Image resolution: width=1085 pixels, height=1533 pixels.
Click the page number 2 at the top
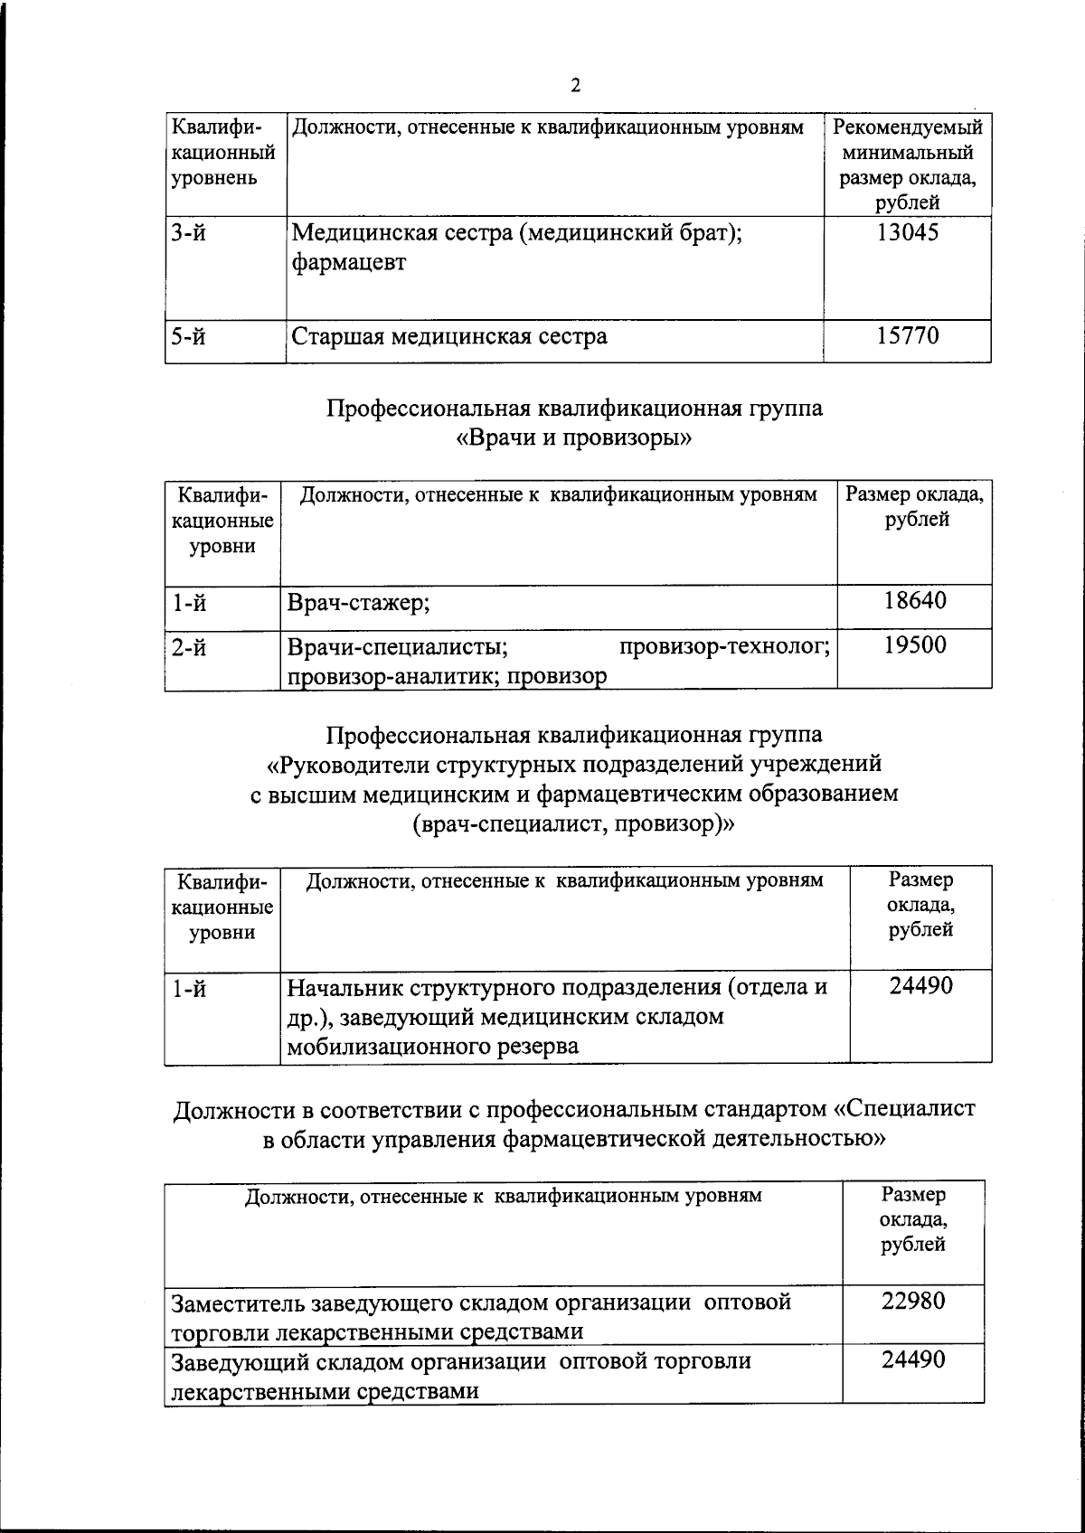point(576,85)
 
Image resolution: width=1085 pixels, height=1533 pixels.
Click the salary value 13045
point(907,233)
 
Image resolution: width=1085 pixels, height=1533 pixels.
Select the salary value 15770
point(907,336)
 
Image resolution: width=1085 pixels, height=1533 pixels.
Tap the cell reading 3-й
point(189,233)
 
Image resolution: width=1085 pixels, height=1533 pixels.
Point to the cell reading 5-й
point(189,337)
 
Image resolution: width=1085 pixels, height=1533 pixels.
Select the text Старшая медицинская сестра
point(448,337)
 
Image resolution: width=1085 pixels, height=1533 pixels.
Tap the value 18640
point(914,600)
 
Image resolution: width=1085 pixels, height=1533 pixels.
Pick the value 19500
point(914,645)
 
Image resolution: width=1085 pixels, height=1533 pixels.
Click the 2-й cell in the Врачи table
point(189,647)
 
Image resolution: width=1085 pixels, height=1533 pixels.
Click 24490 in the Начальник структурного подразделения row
point(920,986)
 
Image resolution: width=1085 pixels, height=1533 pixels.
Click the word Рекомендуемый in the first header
point(907,127)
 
